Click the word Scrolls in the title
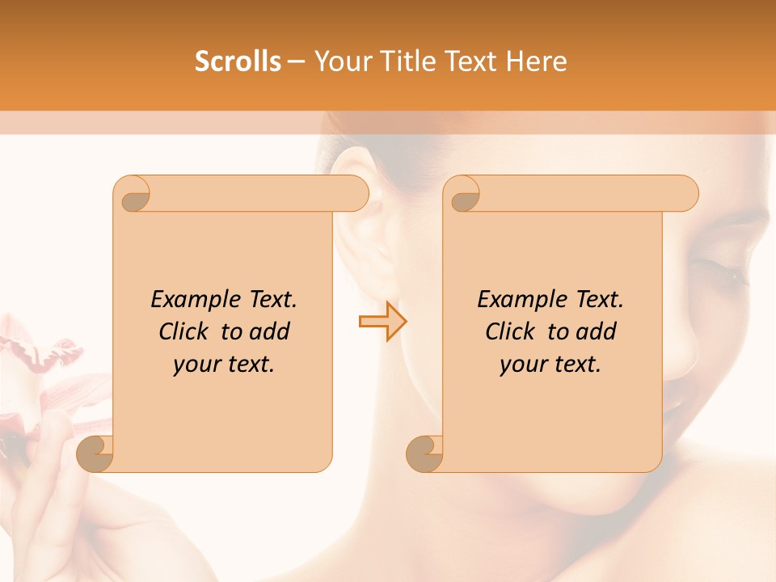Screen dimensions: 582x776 click(238, 61)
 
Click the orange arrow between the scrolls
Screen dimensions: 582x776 click(383, 322)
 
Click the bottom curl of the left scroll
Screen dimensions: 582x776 click(95, 453)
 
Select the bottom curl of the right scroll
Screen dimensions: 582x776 click(425, 453)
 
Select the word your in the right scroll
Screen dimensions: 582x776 click(521, 365)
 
